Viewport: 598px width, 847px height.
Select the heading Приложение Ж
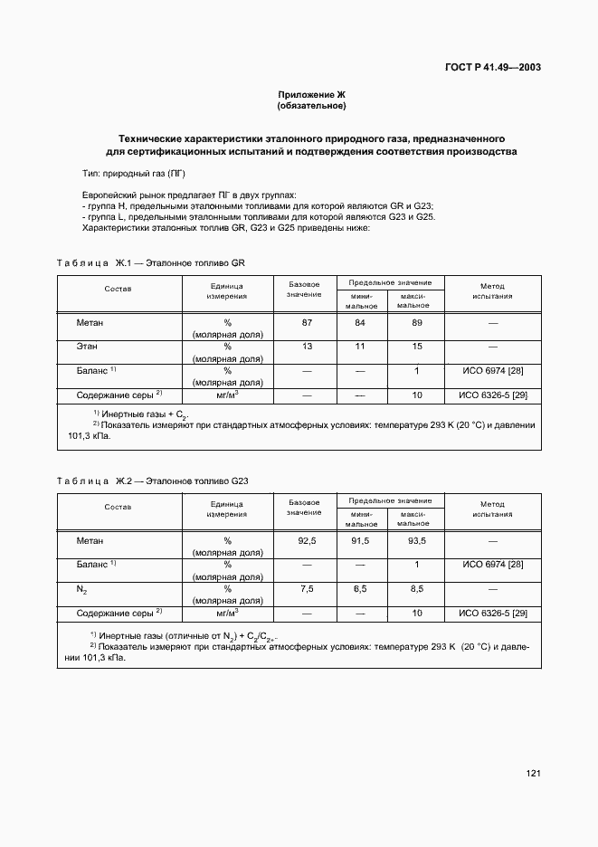point(311,95)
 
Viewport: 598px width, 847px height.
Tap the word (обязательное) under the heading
point(311,107)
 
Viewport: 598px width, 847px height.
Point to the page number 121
point(533,773)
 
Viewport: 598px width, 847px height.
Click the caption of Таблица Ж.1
point(151,263)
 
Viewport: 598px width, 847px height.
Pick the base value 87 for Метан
point(306,322)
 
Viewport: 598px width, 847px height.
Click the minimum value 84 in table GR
point(360,322)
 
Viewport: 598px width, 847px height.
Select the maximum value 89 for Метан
point(417,322)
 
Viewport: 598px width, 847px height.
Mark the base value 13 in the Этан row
point(306,347)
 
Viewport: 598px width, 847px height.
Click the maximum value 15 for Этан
point(417,347)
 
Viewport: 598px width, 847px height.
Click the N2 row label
point(82,589)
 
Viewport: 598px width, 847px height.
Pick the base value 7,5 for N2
point(306,589)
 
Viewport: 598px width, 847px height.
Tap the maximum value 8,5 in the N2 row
point(417,589)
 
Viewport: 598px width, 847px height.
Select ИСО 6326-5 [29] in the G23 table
point(493,614)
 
